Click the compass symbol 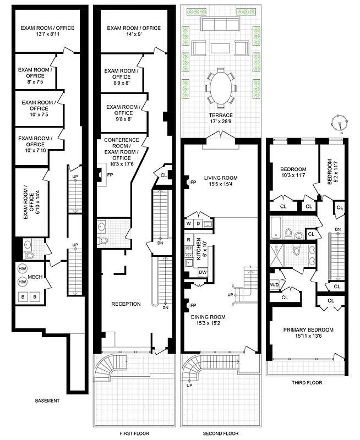coord(340,124)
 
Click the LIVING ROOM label coord(220,181)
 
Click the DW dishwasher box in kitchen coord(202,272)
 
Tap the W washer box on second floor coord(189,224)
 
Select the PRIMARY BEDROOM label coord(308,333)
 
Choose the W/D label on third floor coord(274,285)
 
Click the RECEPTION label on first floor coord(126,304)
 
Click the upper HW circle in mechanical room coord(23,268)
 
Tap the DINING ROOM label coord(220,320)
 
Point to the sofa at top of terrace coord(220,24)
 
